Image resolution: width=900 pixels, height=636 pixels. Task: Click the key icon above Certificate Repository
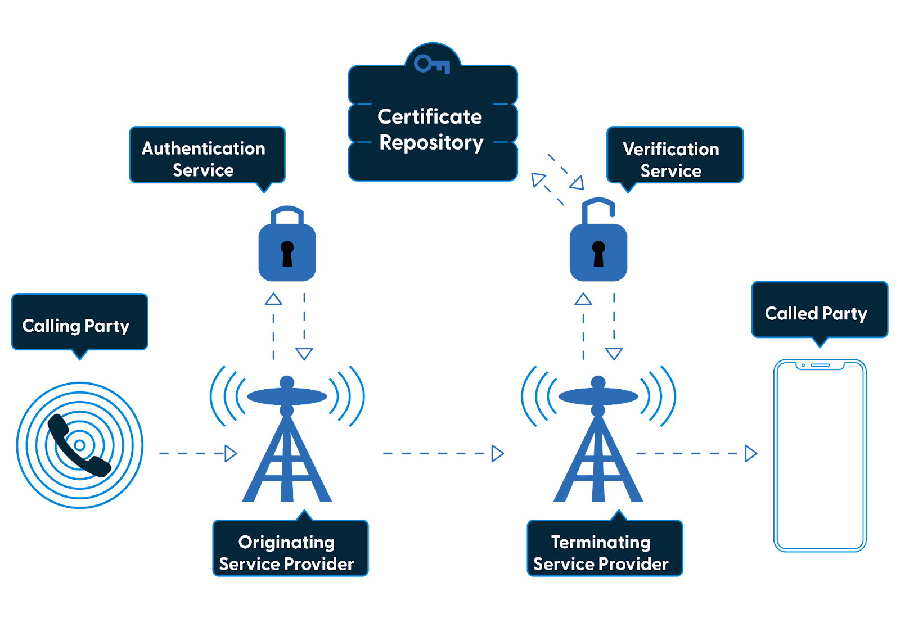(x=432, y=64)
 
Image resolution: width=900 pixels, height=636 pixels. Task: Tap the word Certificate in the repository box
(x=430, y=116)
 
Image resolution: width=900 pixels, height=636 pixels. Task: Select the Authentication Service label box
(x=207, y=155)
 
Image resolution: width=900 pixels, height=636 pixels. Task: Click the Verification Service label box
(x=675, y=155)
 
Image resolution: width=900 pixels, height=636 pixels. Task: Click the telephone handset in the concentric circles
(x=79, y=446)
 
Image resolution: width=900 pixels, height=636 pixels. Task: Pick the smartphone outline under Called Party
(x=820, y=455)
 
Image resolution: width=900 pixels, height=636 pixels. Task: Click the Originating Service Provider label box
(x=290, y=549)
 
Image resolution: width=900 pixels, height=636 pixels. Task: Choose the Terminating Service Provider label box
(x=605, y=549)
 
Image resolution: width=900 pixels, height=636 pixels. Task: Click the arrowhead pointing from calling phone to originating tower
(x=231, y=453)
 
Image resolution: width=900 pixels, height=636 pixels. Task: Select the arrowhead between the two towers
(x=497, y=453)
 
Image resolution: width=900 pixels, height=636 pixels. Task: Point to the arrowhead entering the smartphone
(x=750, y=453)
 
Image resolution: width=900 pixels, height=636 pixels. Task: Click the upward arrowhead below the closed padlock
(x=274, y=299)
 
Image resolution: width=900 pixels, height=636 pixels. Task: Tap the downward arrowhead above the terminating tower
(x=614, y=354)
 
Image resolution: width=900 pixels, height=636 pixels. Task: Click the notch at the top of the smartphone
(x=820, y=366)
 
